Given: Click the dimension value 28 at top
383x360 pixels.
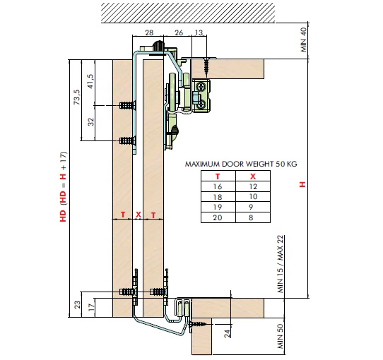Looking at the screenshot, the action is tap(149, 32).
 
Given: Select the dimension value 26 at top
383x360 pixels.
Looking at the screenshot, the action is tap(179, 32).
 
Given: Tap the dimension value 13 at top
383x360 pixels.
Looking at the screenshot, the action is tap(199, 32).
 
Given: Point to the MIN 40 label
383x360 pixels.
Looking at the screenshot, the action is tap(303, 40).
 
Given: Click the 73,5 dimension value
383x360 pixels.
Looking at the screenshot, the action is tap(77, 97).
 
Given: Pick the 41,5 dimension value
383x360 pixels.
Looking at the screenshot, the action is tap(90, 81).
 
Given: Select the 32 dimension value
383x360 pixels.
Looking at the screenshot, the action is tap(90, 122).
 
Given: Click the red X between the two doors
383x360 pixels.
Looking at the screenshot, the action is tap(139, 215).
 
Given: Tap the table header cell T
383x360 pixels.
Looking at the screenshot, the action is tap(218, 176).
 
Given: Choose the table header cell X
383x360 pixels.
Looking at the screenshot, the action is tap(253, 176).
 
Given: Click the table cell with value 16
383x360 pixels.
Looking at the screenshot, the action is tap(218, 187).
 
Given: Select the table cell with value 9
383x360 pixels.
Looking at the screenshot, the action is tap(251, 208).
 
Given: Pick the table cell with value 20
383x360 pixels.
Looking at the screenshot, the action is tap(218, 217).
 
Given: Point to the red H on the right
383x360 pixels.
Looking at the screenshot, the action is tap(302, 184).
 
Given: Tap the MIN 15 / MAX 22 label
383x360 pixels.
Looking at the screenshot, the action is tap(281, 264).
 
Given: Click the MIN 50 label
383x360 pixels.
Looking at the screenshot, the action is tap(281, 336).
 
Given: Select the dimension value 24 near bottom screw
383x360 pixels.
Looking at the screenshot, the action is tap(227, 334).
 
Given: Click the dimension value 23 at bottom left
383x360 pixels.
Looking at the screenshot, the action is tap(77, 305).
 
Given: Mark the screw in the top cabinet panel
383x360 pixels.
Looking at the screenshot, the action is tap(206, 65).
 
